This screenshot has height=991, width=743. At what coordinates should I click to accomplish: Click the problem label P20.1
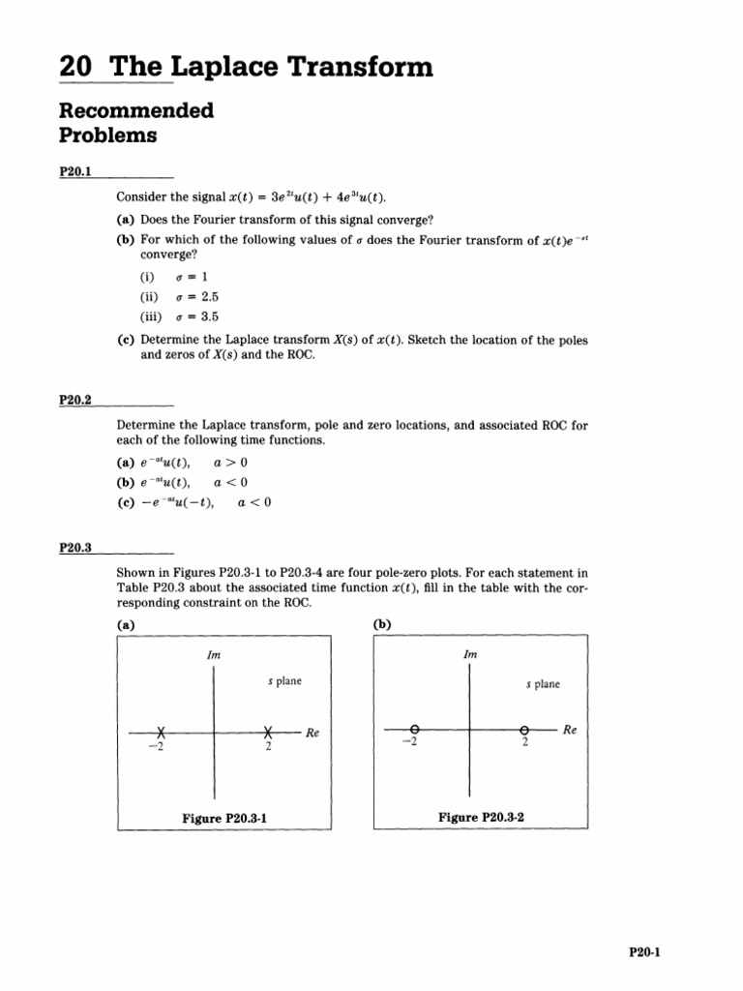[74, 171]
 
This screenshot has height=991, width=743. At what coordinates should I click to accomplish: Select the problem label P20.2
[74, 399]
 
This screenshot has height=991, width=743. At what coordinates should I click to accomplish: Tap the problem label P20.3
[74, 548]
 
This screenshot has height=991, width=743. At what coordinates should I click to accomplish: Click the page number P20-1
[643, 951]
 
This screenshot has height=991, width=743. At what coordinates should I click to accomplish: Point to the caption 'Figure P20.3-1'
[224, 818]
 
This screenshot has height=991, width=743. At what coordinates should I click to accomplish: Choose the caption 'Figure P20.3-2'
[481, 817]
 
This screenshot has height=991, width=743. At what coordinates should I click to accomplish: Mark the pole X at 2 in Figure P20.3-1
[269, 733]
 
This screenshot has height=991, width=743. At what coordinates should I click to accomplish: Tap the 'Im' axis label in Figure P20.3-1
[214, 655]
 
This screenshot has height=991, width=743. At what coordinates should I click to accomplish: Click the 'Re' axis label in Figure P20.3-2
[570, 731]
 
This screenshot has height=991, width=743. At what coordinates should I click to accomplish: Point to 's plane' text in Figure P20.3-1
[284, 681]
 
